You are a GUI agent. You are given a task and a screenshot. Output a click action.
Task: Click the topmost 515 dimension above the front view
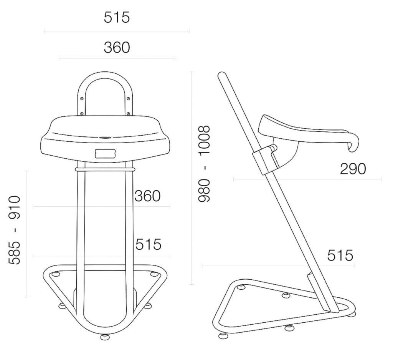117,18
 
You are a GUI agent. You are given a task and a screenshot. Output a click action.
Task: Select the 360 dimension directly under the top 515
117,47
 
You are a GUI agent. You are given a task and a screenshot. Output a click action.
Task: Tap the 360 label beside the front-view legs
147,196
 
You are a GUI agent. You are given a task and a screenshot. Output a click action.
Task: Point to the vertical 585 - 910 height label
14,230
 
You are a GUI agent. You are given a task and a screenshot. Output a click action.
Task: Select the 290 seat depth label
353,169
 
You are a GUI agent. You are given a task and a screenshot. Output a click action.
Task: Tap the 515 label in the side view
340,255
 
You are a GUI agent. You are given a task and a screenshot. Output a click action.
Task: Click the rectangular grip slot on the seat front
105,154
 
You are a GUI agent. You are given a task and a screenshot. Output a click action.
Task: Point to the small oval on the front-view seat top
105,138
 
